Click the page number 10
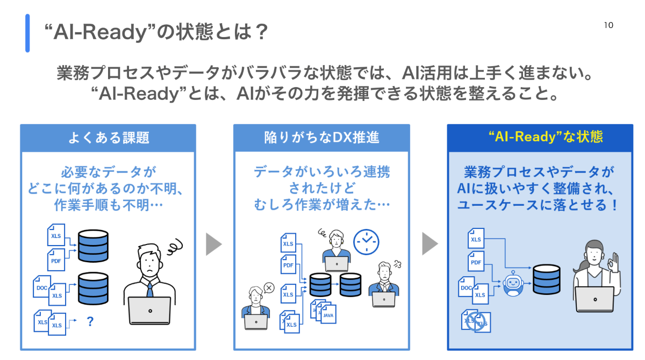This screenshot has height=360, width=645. (x=608, y=25)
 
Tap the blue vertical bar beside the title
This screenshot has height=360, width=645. (x=27, y=33)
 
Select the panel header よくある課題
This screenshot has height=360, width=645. (x=108, y=137)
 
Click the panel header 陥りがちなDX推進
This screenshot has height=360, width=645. (x=321, y=137)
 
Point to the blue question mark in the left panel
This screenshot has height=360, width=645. (x=90, y=322)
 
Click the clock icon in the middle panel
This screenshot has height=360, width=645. (x=366, y=242)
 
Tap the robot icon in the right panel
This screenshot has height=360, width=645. (x=513, y=282)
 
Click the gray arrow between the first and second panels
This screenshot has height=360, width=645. (x=214, y=244)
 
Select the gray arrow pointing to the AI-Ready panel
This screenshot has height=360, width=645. (x=429, y=244)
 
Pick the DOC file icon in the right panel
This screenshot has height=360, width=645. (x=465, y=288)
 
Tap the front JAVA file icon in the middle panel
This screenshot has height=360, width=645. (x=328, y=315)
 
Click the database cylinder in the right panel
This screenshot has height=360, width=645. (x=547, y=279)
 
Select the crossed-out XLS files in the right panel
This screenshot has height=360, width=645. (x=476, y=321)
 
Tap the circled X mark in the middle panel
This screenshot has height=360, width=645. (x=269, y=287)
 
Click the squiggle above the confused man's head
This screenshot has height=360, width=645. (x=174, y=249)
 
